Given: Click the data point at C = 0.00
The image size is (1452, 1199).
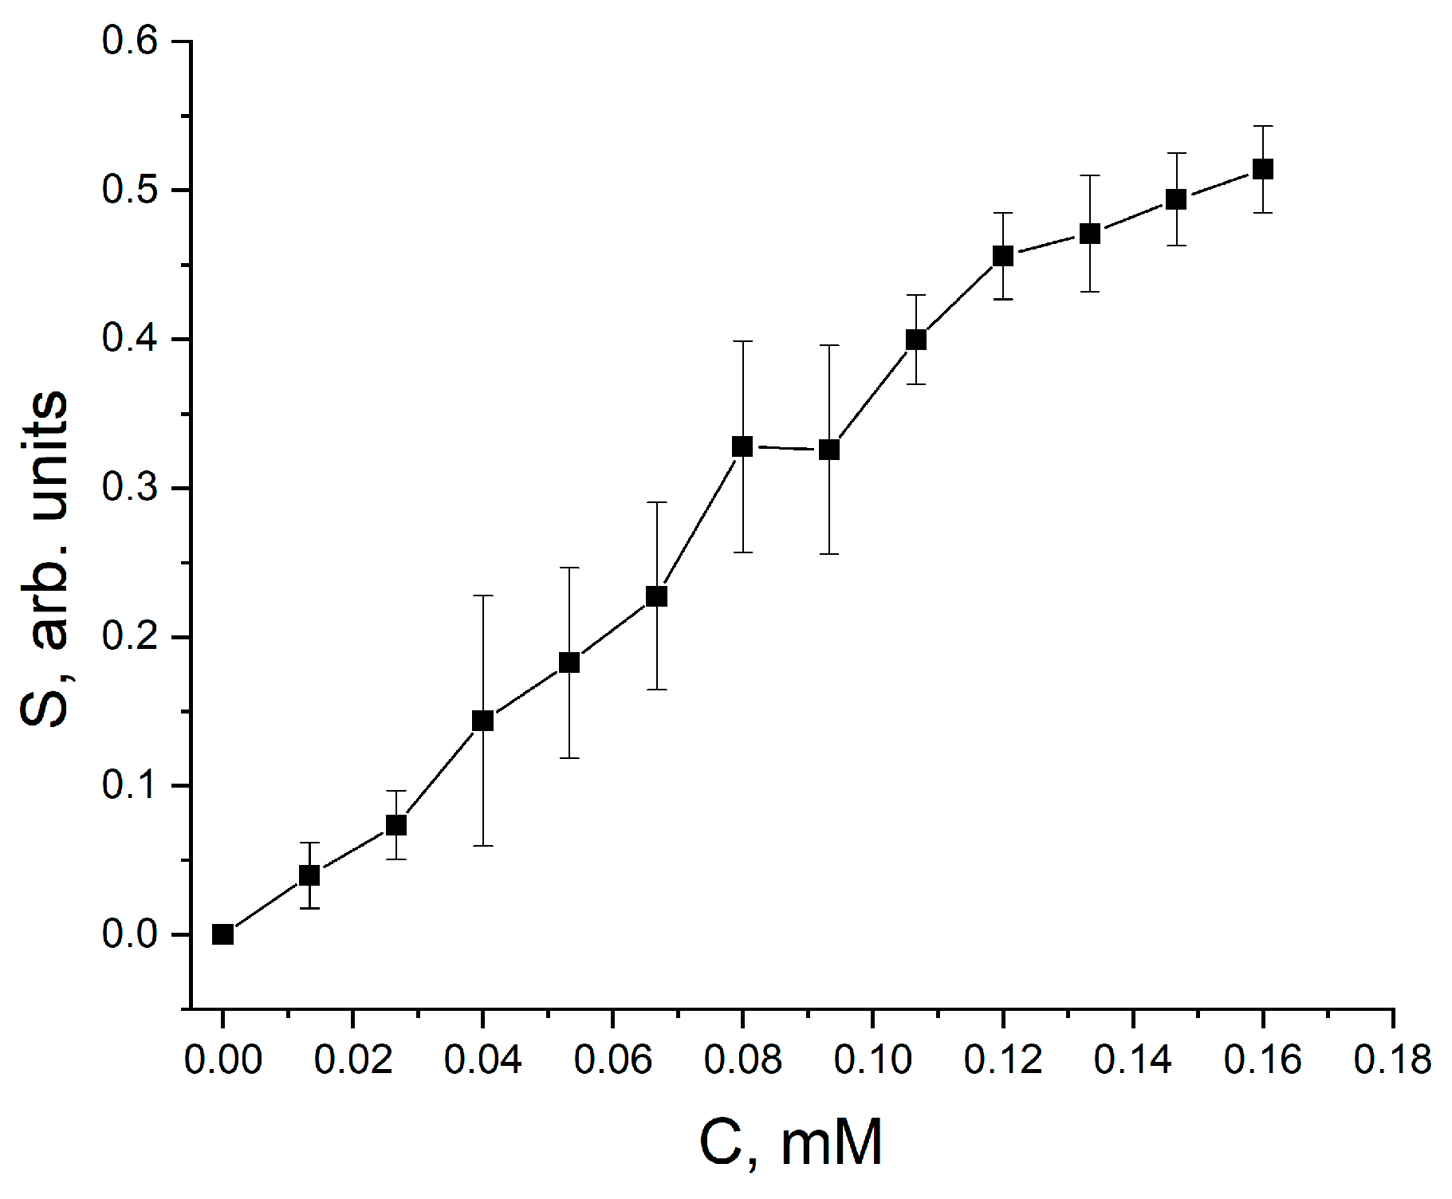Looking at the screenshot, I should pos(222,934).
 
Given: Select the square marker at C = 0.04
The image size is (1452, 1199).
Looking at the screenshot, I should pos(482,721).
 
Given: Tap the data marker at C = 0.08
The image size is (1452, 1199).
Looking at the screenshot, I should pos(742,446).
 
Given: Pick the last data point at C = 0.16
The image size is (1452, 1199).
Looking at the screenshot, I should pos(1263,169).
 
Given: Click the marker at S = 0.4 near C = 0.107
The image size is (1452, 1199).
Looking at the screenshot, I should pos(916,340).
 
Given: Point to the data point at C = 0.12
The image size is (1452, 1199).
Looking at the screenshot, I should pos(1003,256).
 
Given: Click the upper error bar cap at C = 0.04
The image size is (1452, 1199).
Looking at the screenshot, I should pos(482,596).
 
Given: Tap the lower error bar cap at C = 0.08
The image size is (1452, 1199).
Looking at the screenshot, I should pos(742,552).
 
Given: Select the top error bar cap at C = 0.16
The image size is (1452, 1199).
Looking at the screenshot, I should pos(1263,126).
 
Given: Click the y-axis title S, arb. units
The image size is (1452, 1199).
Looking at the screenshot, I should pos(45,558).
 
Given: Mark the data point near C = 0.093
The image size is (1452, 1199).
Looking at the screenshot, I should pos(829,450).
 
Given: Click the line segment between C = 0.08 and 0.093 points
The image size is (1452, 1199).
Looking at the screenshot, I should pos(785,448).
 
